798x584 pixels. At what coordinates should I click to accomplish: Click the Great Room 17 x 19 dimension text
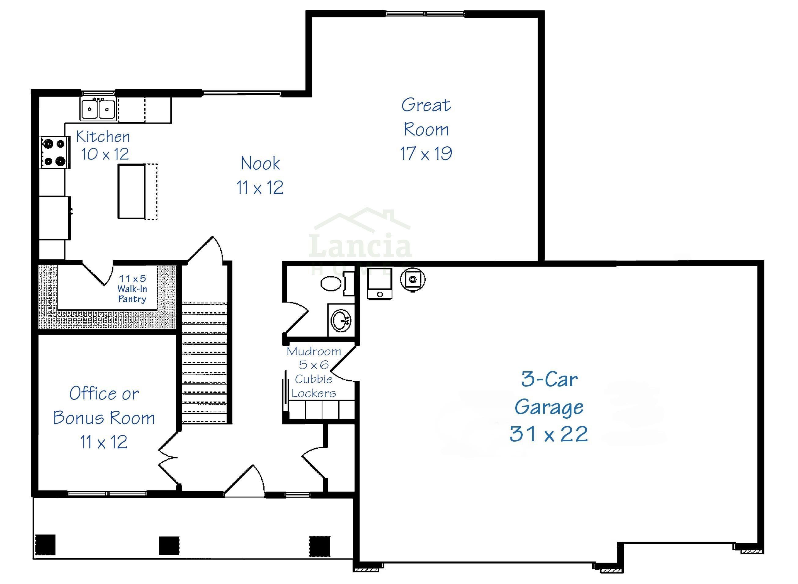coord(426,153)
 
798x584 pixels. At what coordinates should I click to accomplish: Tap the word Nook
coord(260,163)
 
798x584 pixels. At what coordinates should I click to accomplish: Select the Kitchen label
coord(103,137)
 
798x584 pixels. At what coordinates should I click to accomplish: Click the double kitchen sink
coord(98,109)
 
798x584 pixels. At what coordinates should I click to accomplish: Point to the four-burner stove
coord(54,153)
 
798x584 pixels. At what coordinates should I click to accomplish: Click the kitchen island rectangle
coord(131,191)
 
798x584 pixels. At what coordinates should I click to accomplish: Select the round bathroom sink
coord(340,320)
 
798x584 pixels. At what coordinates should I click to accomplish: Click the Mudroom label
coord(314,351)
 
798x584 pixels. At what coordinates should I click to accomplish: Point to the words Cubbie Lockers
coord(314,386)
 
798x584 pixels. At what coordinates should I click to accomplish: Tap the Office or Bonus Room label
coord(104,406)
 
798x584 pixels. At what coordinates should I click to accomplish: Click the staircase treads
coord(204,363)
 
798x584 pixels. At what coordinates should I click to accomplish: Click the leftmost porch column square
coord(45,544)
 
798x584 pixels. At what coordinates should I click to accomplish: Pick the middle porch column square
coord(169,545)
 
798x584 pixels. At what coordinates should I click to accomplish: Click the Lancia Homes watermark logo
coord(361,241)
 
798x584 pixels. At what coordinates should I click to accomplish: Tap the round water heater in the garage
coord(413,280)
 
